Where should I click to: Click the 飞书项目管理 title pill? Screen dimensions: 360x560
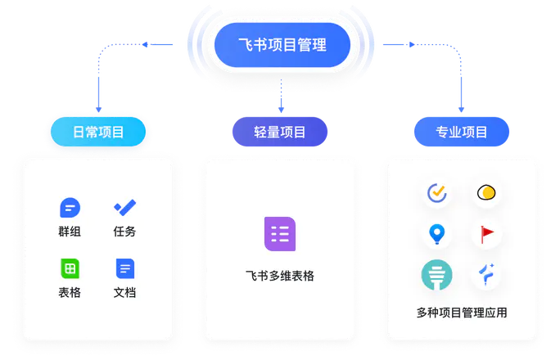pos(279,45)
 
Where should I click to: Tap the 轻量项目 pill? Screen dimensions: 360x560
pos(280,132)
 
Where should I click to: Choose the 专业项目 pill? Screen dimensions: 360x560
pos(461,132)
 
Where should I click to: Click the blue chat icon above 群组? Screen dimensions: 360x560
pos(70,208)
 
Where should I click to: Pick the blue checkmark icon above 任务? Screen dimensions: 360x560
pos(124,208)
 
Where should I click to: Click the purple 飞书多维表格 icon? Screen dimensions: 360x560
pos(280,234)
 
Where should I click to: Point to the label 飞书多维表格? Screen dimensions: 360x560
pos(280,276)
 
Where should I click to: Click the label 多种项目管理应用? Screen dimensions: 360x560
pos(462,313)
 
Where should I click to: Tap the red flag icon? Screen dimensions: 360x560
pos(488,235)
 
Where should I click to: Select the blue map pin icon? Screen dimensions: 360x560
pos(437,235)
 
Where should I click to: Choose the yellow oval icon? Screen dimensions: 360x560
pos(488,193)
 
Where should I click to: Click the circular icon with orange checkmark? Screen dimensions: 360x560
pos(437,193)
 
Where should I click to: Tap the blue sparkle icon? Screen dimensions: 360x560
pos(488,276)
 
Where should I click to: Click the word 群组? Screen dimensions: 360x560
pos(70,232)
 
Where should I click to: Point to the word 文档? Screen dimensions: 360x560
pos(124,292)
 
